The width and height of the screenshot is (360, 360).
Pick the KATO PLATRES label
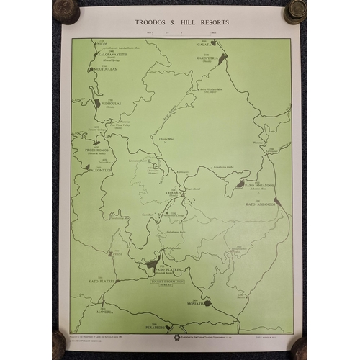pyautogui.click(x=102, y=281)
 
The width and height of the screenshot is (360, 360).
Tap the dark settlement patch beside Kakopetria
pyautogui.click(x=222, y=58)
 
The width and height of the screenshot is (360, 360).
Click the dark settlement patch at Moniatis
pyautogui.click(x=208, y=303)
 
